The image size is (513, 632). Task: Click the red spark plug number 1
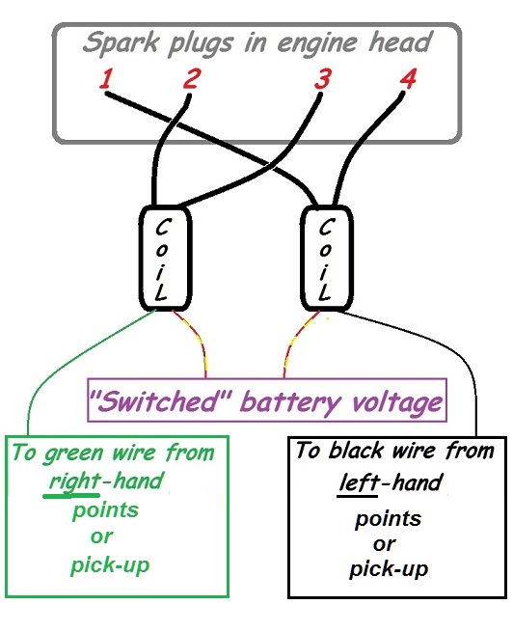[106, 78]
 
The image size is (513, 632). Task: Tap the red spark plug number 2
[191, 78]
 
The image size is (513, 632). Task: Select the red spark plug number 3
[322, 78]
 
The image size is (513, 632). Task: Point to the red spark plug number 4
[408, 78]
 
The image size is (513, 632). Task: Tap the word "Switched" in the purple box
[160, 401]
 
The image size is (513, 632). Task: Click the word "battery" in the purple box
[290, 402]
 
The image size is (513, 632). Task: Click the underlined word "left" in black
[359, 482]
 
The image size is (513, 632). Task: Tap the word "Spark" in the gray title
[121, 42]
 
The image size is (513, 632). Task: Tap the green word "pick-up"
[110, 565]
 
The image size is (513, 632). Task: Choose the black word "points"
[389, 519]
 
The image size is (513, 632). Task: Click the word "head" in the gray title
[400, 41]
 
